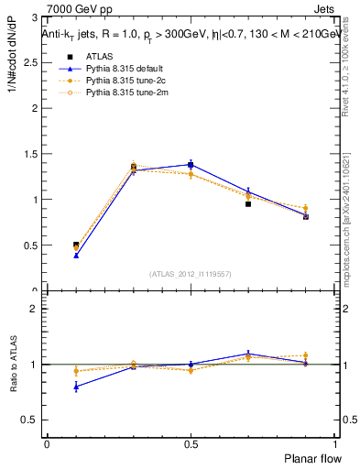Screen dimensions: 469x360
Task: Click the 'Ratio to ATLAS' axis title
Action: coord(13,364)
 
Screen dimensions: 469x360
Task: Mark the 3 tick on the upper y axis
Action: coord(37,17)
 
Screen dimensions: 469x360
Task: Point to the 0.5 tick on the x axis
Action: coord(191,443)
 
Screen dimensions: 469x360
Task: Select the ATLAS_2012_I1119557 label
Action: coord(191,274)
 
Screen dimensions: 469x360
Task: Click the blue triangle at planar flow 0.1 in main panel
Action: coord(76,256)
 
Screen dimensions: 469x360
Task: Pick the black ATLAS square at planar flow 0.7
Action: coord(248,204)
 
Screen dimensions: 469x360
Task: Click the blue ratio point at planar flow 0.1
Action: coord(76,387)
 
